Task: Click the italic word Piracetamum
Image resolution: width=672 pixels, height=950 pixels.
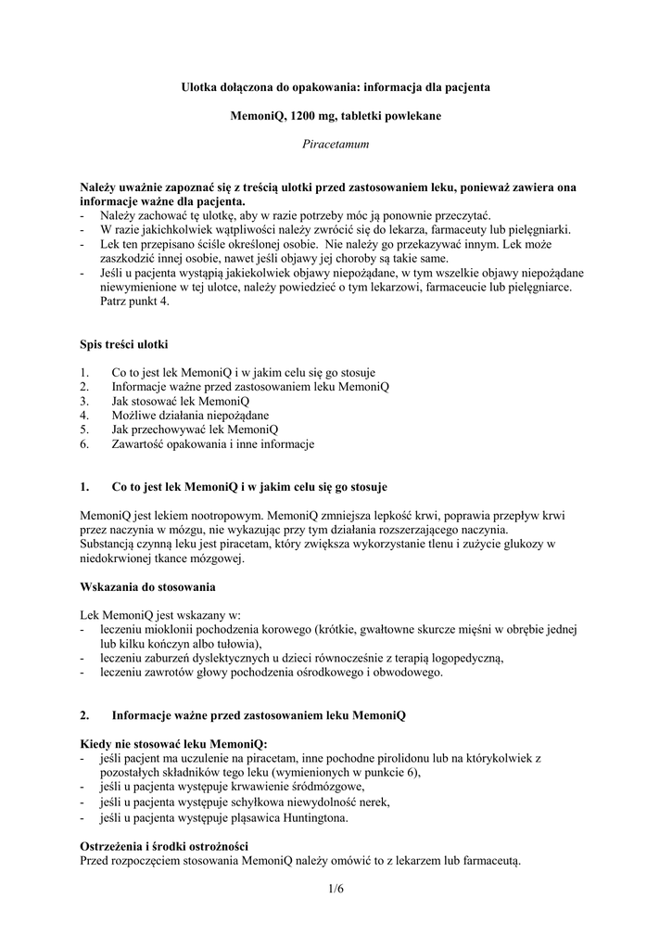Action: pos(336,144)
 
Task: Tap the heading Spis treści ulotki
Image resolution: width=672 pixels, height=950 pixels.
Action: pos(124,344)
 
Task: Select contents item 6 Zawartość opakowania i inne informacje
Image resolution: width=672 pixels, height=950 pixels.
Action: pos(212,444)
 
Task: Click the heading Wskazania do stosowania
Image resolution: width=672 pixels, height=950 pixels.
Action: pos(148,587)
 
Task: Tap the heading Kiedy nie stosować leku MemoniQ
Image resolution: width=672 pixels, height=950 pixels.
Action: pos(173,744)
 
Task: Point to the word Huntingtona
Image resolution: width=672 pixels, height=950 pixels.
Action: pos(315,817)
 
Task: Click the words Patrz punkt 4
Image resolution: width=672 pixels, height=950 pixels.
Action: pos(135,302)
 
